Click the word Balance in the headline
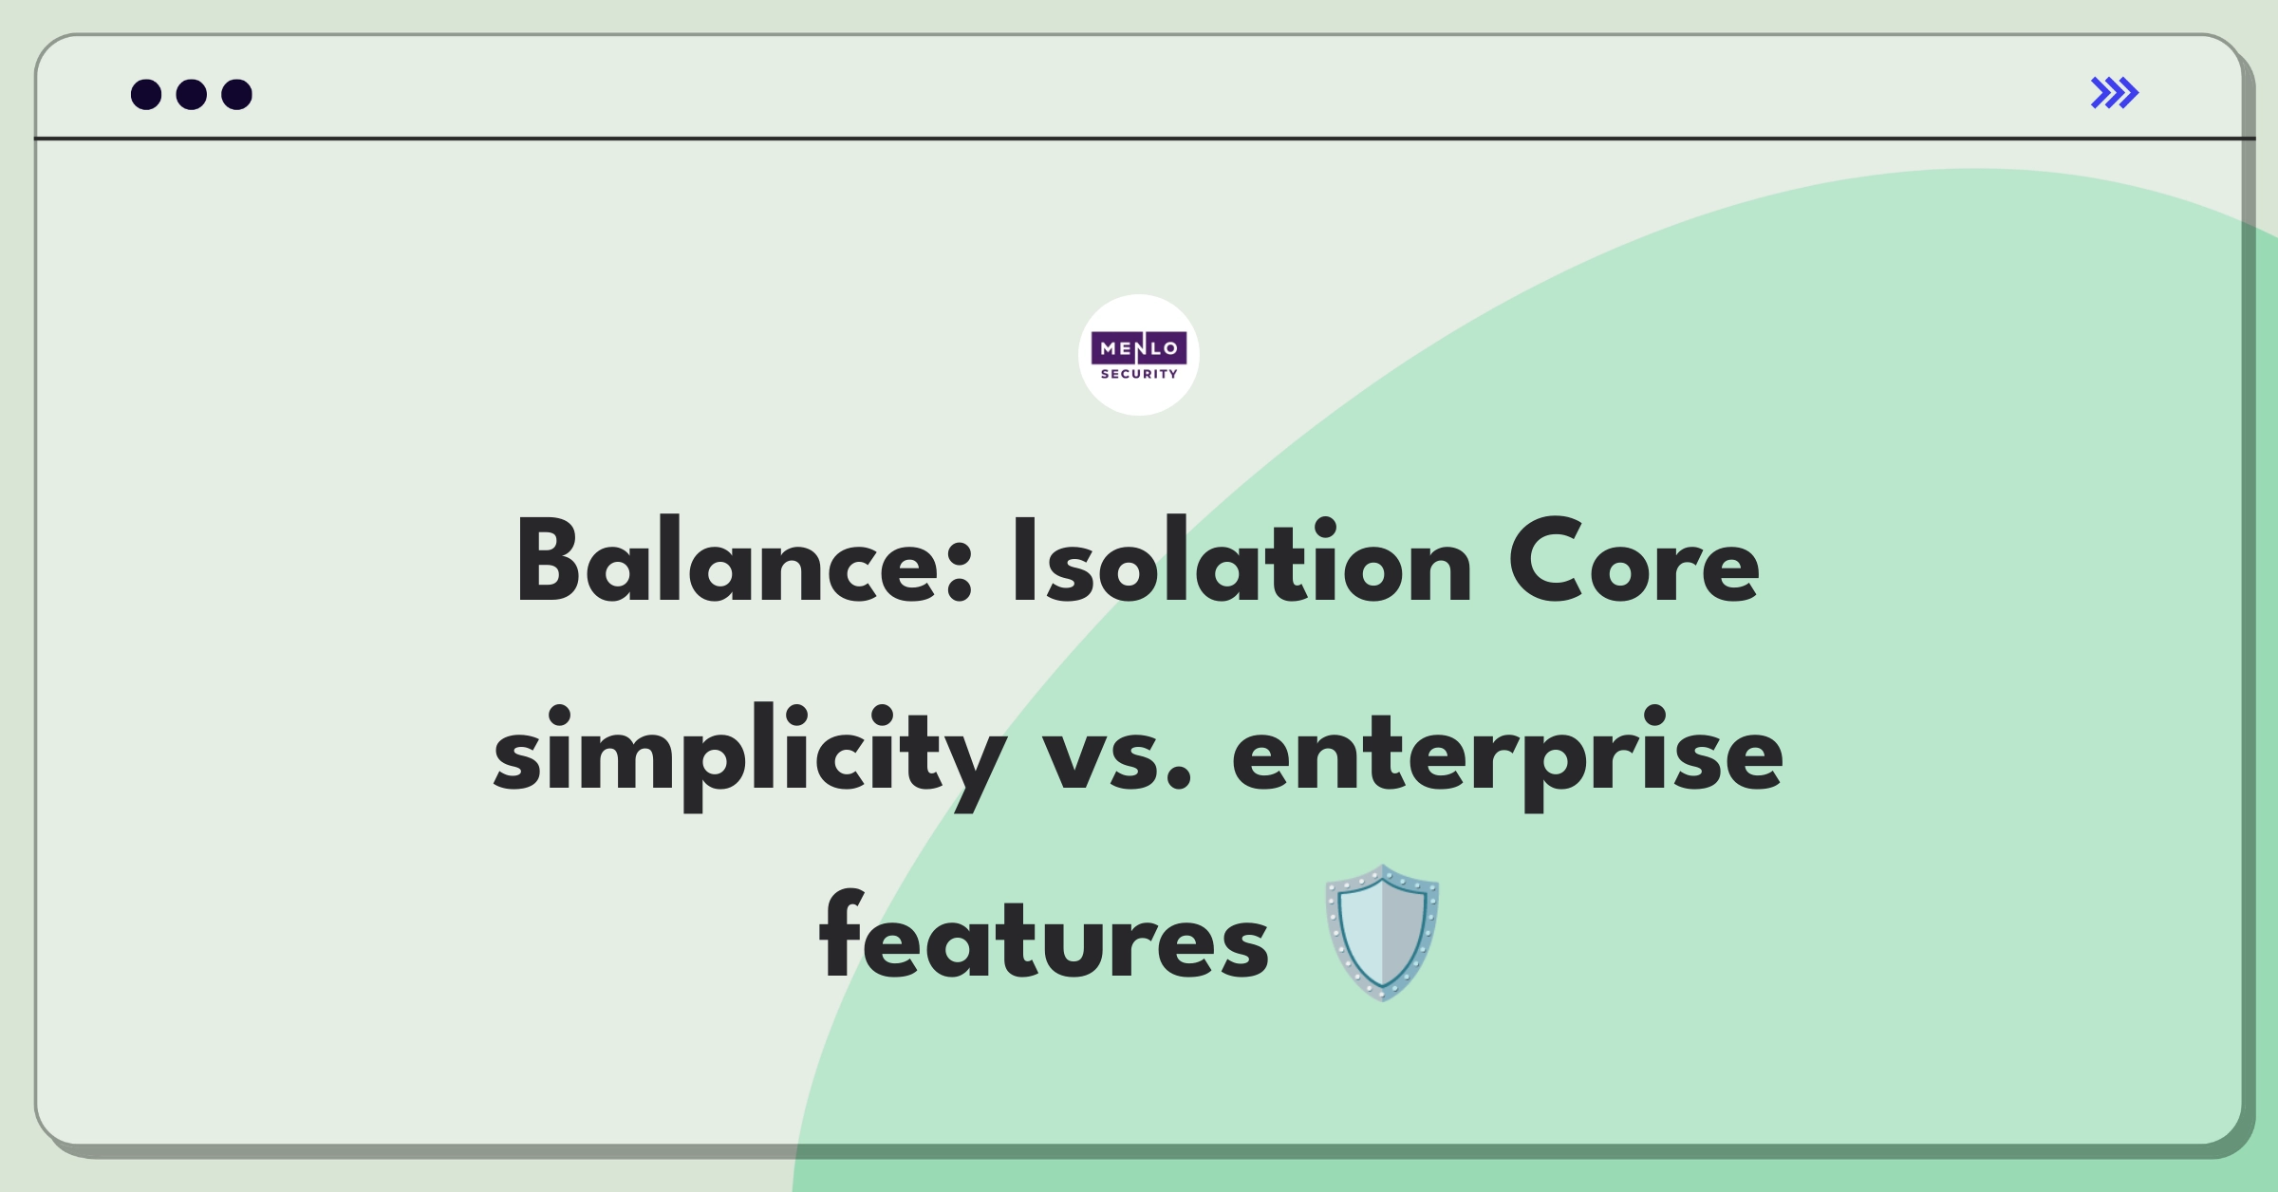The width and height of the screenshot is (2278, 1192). coord(744,562)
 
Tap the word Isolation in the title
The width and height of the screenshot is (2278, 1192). coord(1242,562)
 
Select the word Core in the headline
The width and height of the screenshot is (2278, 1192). coord(1634,562)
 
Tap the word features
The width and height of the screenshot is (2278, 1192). coord(1044,935)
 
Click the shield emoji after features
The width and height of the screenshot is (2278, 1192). coord(1382,932)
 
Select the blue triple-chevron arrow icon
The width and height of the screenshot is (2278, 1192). coord(2115,93)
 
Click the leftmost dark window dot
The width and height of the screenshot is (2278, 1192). coord(146,94)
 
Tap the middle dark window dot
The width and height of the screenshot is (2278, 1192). coord(192,94)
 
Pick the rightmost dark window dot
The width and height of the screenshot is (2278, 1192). coord(237,94)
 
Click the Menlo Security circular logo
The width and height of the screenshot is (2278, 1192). coord(1139,355)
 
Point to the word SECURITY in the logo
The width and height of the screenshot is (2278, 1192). coord(1139,374)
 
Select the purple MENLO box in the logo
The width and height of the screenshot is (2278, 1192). coord(1139,348)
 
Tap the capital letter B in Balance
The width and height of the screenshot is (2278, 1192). coord(548,562)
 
